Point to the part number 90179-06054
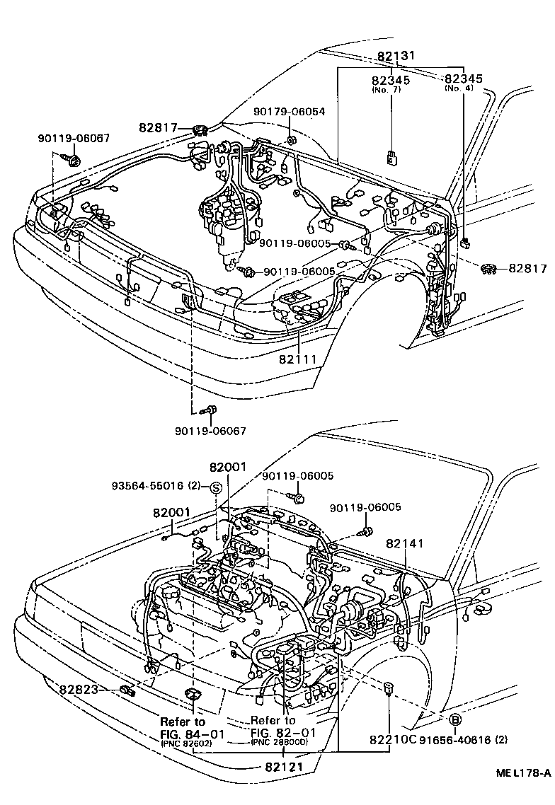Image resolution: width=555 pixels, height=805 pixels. [290, 112]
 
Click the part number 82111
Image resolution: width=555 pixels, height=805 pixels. [298, 359]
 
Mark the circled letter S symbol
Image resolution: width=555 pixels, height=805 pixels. [216, 487]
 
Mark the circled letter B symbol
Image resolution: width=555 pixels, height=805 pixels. [455, 720]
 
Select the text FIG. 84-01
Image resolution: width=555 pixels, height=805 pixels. [191, 734]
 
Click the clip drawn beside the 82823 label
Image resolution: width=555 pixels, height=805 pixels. [127, 690]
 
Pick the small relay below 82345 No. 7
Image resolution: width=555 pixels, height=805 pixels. [391, 158]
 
